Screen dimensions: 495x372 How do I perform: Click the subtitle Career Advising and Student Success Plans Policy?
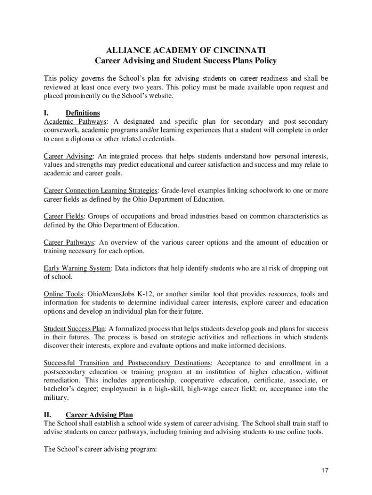(x=186, y=61)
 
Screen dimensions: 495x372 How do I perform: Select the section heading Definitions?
(x=83, y=113)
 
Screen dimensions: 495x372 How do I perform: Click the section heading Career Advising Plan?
(x=99, y=415)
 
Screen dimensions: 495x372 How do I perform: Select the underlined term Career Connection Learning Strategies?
(x=100, y=190)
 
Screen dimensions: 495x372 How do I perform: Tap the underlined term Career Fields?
(x=64, y=217)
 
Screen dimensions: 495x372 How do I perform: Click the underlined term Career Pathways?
(x=69, y=243)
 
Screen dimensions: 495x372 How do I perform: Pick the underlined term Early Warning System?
(x=77, y=268)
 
